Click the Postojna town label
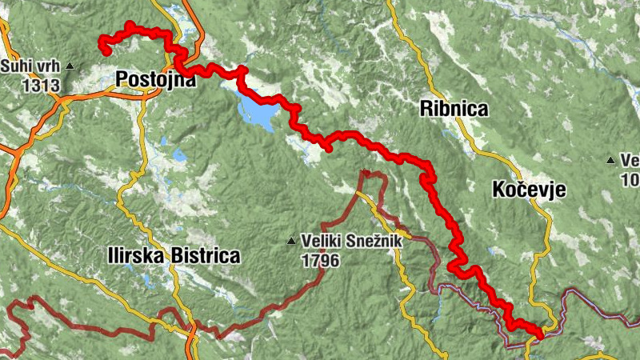[155, 79]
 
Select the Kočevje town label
[530, 190]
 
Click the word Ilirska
[137, 256]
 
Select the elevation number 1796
[321, 260]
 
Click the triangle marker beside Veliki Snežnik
[293, 240]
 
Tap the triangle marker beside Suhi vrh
[70, 66]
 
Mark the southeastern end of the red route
[539, 336]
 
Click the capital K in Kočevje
[499, 190]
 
